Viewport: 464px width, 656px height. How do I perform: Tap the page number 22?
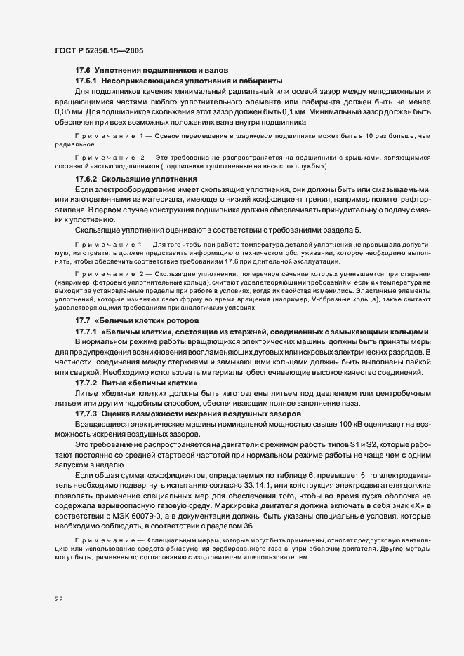(59, 598)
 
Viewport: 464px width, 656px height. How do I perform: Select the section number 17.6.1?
(86, 82)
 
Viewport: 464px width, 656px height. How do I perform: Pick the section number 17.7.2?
(86, 383)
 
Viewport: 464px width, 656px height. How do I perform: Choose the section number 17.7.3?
(86, 414)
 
